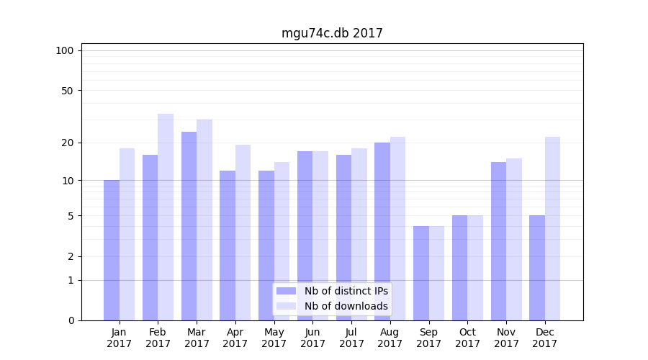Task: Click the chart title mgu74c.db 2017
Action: tap(332, 33)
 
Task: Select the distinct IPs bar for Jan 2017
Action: tap(112, 250)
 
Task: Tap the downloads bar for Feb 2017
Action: tap(166, 217)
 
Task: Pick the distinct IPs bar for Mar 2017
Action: tap(189, 226)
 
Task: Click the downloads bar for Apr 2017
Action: tap(243, 233)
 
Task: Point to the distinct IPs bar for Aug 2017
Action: tap(382, 231)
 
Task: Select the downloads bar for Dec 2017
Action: tap(552, 228)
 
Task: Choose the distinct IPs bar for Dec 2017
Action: tap(537, 268)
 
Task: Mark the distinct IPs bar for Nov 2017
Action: tap(498, 241)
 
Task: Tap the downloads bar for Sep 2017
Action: tap(436, 273)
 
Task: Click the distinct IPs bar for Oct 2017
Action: tap(459, 268)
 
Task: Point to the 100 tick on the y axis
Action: tap(65, 50)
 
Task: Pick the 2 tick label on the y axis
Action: tap(71, 256)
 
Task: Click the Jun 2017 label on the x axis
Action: tap(312, 338)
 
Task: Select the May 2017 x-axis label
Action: tap(274, 338)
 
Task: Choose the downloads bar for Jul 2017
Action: tap(359, 234)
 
